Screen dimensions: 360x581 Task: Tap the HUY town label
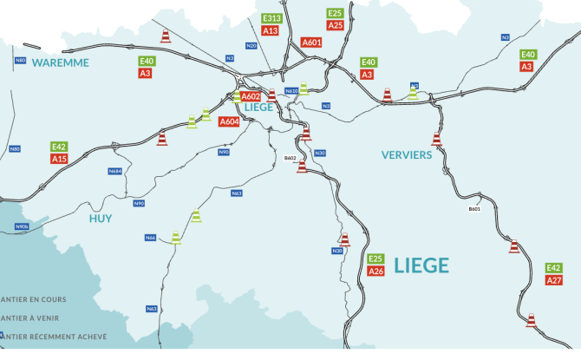pyautogui.click(x=101, y=218)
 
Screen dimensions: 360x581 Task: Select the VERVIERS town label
pyautogui.click(x=406, y=154)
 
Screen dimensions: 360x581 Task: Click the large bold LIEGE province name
pyautogui.click(x=421, y=265)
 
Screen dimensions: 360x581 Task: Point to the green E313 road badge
pyautogui.click(x=271, y=18)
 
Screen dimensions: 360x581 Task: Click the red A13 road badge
pyautogui.click(x=270, y=30)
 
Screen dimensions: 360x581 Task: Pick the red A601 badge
pyautogui.click(x=311, y=43)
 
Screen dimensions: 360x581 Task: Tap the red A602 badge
pyautogui.click(x=251, y=96)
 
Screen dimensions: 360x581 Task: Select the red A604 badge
pyautogui.click(x=229, y=122)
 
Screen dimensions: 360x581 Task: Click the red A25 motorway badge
pyautogui.click(x=336, y=25)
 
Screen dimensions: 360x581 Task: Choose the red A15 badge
pyautogui.click(x=59, y=159)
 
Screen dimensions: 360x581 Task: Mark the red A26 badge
pyautogui.click(x=375, y=272)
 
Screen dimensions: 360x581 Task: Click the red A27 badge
pyautogui.click(x=554, y=280)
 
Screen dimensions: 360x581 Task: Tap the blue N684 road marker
pyautogui.click(x=115, y=171)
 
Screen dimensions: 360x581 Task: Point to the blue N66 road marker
pyautogui.click(x=150, y=237)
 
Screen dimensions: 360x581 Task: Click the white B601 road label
pyautogui.click(x=474, y=209)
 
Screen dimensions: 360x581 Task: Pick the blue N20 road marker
pyautogui.click(x=251, y=45)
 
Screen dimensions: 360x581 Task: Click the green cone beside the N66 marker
pyautogui.click(x=176, y=236)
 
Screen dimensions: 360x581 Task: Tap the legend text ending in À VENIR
pyautogui.click(x=35, y=317)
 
